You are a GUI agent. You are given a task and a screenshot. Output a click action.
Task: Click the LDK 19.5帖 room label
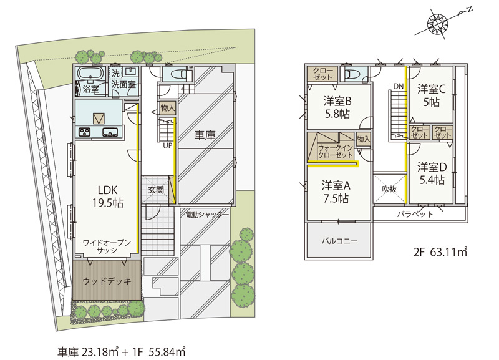(x=107, y=197)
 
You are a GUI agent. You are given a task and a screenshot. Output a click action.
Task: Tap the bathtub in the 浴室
(x=91, y=74)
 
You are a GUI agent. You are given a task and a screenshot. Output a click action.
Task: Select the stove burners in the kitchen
(x=85, y=132)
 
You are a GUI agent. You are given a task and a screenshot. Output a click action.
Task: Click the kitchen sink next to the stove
(x=110, y=132)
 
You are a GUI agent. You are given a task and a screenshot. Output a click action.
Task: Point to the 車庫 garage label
(x=205, y=135)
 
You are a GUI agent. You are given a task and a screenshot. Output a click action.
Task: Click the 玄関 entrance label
(x=156, y=190)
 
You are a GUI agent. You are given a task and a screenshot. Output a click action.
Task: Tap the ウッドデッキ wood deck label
(x=107, y=281)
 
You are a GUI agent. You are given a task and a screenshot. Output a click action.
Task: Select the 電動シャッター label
(x=207, y=215)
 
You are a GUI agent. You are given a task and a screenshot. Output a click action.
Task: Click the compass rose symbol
(x=437, y=23)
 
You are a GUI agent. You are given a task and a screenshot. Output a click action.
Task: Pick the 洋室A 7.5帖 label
(x=336, y=192)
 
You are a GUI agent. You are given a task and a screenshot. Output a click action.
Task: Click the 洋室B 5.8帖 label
(x=337, y=107)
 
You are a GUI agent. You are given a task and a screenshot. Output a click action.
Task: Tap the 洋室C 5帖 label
(x=432, y=95)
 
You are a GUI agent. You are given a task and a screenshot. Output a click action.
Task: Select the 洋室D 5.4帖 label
(x=432, y=173)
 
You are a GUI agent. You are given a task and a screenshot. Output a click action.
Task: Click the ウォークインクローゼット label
(x=336, y=152)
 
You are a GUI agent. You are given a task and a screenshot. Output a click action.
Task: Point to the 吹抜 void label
(x=389, y=189)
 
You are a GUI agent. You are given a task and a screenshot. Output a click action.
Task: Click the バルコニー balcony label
(x=339, y=241)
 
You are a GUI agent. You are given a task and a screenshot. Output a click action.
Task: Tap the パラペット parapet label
(x=415, y=214)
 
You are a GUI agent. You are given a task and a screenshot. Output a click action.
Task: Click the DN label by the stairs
(x=399, y=86)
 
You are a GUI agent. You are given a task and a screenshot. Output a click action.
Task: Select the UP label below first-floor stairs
(x=167, y=145)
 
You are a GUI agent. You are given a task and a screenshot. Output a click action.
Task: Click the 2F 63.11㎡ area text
(x=440, y=252)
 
